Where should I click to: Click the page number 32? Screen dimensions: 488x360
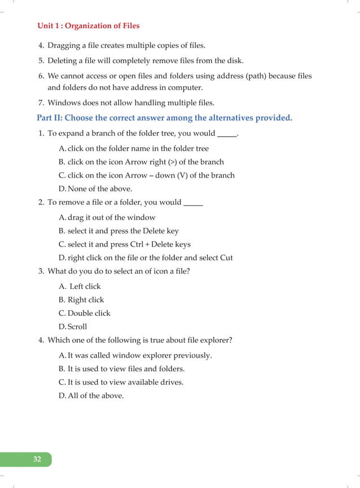click(x=37, y=459)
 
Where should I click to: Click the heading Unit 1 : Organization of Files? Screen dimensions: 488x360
click(x=88, y=26)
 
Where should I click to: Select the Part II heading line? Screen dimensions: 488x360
click(x=164, y=118)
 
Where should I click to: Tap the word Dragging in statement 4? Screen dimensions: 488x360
click(x=65, y=45)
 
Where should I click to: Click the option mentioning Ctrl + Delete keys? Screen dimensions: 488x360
click(x=129, y=244)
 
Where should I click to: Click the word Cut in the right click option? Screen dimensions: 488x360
click(x=226, y=258)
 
